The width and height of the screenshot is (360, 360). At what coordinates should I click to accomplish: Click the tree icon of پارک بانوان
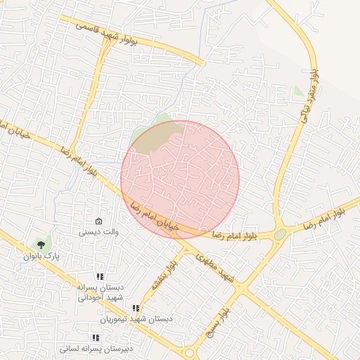(x=41, y=245)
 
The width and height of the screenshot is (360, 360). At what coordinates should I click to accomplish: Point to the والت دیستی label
(x=98, y=231)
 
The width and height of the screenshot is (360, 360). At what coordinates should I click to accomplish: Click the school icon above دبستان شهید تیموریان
(x=136, y=308)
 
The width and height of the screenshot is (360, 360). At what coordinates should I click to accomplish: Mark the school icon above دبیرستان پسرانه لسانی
(x=96, y=337)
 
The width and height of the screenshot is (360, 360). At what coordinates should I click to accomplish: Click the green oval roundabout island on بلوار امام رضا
(x=280, y=234)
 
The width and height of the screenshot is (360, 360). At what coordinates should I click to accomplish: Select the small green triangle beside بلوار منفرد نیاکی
(x=300, y=91)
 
